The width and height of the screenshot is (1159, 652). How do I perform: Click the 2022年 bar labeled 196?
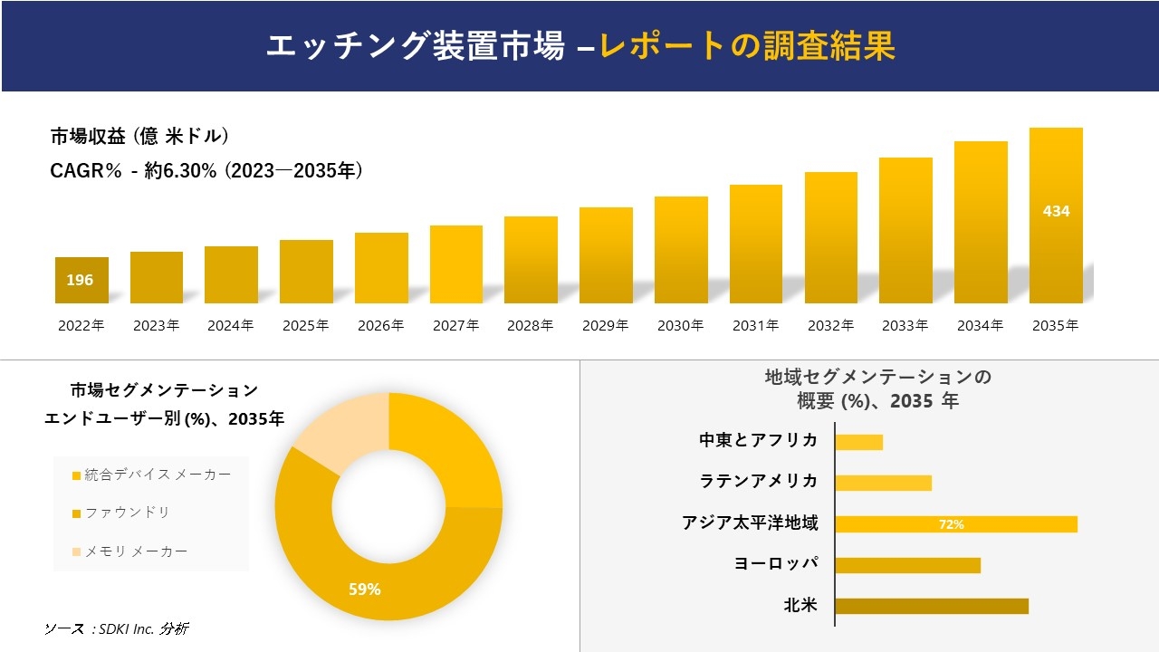[81, 281]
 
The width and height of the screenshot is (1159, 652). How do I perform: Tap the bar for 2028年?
[531, 260]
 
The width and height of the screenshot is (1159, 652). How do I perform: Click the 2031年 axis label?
[755, 326]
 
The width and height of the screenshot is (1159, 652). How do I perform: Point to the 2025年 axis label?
[305, 326]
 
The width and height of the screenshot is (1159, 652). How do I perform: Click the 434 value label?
[1056, 211]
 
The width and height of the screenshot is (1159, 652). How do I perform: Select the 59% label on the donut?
[365, 590]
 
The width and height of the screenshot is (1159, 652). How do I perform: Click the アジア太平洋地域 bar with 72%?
[955, 524]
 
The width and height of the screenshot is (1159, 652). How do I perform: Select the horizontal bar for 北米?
[931, 606]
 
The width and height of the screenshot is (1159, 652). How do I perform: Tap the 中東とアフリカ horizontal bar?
[858, 442]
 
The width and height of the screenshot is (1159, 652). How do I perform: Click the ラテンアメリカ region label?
[759, 481]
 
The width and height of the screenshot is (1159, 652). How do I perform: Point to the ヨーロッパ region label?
[776, 563]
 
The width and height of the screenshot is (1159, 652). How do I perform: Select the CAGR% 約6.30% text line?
[206, 170]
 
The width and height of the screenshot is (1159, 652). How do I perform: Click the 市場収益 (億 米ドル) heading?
[139, 137]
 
